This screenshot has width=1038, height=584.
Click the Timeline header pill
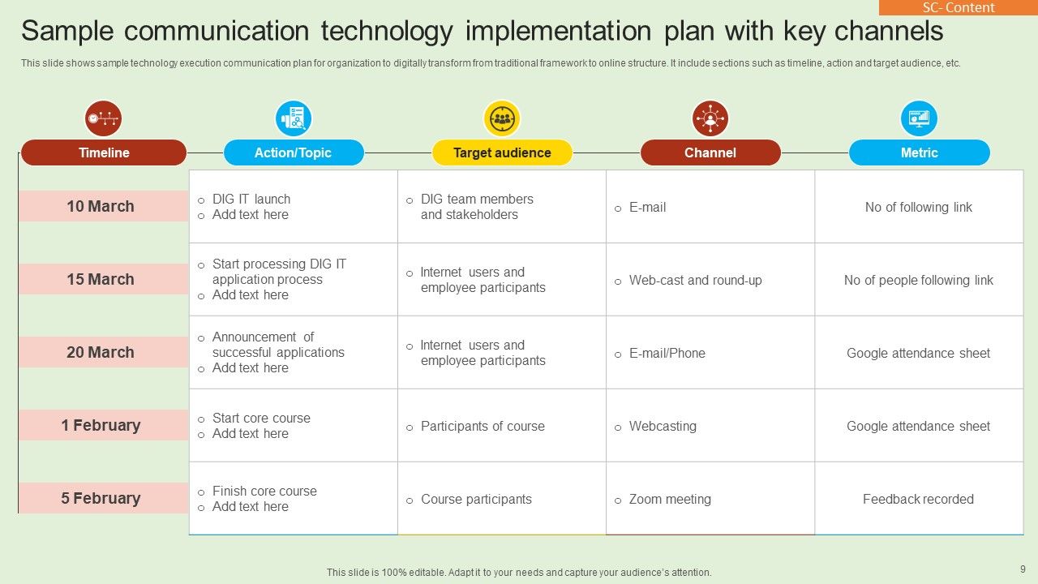point(104,152)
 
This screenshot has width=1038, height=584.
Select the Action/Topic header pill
point(294,152)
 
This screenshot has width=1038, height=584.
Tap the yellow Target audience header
point(502,152)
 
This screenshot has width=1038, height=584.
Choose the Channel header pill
point(710,152)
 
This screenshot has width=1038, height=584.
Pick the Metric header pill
point(920,152)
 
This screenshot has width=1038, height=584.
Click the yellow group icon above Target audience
point(502,118)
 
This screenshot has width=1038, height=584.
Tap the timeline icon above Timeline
point(103,118)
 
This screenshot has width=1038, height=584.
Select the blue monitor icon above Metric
point(919,118)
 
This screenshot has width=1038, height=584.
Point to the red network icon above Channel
point(710,118)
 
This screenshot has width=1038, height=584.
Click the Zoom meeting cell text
point(670,499)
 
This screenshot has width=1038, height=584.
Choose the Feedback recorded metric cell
point(919,499)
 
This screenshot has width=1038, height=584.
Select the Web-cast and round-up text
point(696,281)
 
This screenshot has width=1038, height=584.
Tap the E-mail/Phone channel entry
point(667,353)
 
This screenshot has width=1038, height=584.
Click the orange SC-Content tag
point(959,7)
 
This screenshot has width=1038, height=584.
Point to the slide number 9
point(1023,569)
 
